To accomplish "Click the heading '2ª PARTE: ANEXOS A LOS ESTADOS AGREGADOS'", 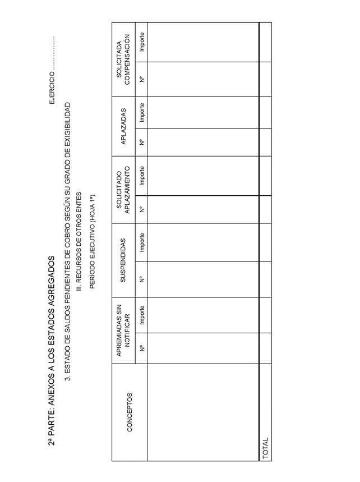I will click(x=52, y=351).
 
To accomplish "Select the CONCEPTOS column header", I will click(x=130, y=412).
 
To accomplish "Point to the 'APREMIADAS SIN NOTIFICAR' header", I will click(x=123, y=330).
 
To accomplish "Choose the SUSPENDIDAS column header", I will click(x=123, y=260).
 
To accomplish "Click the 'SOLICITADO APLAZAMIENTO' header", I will click(x=123, y=189).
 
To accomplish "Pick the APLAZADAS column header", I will click(x=123, y=126).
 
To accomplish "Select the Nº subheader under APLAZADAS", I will click(x=142, y=142).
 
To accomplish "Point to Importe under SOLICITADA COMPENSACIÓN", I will click(x=142, y=42).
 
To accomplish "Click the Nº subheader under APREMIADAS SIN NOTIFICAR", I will click(x=142, y=348).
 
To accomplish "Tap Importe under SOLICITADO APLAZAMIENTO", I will click(x=142, y=176).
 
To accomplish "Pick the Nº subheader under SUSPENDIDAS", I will click(x=142, y=279).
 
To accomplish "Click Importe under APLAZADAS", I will click(x=142, y=112).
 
